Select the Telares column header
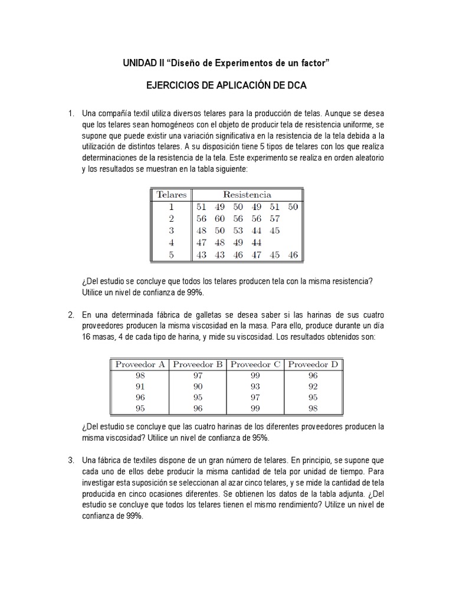click(171, 194)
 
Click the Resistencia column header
click(247, 194)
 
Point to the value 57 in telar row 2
click(274, 218)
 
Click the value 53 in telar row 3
click(238, 231)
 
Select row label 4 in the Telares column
click(171, 242)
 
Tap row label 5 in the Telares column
click(171, 255)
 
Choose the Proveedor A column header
click(140, 364)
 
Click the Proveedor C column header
click(255, 364)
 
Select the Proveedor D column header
click(313, 364)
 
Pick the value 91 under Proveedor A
click(140, 387)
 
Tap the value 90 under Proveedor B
click(198, 387)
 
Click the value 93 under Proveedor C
click(255, 387)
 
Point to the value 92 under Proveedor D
click(313, 387)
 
